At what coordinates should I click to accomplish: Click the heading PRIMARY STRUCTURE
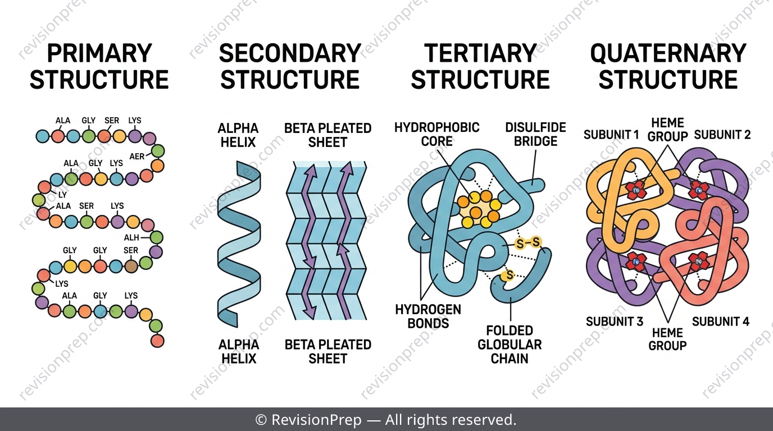click(x=99, y=67)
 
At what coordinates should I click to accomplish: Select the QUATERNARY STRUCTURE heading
click(x=669, y=67)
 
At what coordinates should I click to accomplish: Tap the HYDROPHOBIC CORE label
click(x=437, y=134)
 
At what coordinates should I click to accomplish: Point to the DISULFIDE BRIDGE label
click(x=535, y=134)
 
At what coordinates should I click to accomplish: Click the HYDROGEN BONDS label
click(x=428, y=316)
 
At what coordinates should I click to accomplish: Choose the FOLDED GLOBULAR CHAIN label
click(x=510, y=345)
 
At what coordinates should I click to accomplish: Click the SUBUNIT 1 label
click(x=611, y=135)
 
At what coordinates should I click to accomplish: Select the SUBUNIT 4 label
click(x=721, y=322)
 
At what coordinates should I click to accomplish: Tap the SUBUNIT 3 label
click(x=615, y=322)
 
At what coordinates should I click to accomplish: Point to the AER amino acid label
click(x=137, y=157)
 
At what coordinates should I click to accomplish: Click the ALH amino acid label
click(x=131, y=237)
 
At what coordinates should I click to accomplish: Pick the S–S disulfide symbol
click(x=528, y=243)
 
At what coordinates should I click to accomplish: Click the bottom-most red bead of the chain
click(x=157, y=341)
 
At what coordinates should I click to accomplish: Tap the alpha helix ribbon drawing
click(x=239, y=244)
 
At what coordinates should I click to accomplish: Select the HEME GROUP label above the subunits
click(x=668, y=129)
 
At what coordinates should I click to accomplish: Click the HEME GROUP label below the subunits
click(x=667, y=339)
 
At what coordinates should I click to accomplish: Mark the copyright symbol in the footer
click(x=261, y=420)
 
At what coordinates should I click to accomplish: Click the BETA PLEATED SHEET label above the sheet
click(x=328, y=135)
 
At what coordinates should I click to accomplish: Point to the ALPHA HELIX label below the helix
click(x=239, y=351)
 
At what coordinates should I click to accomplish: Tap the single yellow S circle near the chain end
click(x=508, y=276)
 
